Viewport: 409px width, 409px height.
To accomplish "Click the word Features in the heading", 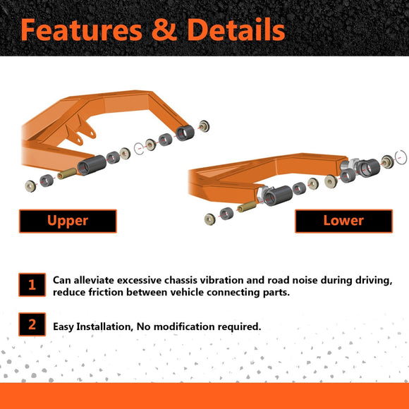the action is coord(81,30).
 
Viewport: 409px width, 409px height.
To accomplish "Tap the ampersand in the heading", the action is coord(164,30).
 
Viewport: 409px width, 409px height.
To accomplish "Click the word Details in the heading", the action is coord(236,30).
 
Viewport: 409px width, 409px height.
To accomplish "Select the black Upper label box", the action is coord(68,221).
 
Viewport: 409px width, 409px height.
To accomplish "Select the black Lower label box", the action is coord(343,221).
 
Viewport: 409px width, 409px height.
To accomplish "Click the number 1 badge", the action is coord(32,285).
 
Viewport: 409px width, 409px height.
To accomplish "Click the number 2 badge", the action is coord(32,324).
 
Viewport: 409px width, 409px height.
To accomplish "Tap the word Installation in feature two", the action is coord(104,326).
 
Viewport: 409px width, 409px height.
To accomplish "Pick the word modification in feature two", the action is coord(184,326).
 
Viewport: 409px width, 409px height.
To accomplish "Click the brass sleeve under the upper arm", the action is coord(67,173).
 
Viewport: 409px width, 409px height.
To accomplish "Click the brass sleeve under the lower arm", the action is coord(247,207).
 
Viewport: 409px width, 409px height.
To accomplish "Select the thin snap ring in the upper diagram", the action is coord(139,149).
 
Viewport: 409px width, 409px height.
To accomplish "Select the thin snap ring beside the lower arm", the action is coord(401,157).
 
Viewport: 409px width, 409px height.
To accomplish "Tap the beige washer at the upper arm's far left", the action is coord(30,186).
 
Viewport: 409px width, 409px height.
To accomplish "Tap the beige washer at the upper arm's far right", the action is coord(204,126).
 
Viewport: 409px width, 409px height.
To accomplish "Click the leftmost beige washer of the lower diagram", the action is coord(210,219).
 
